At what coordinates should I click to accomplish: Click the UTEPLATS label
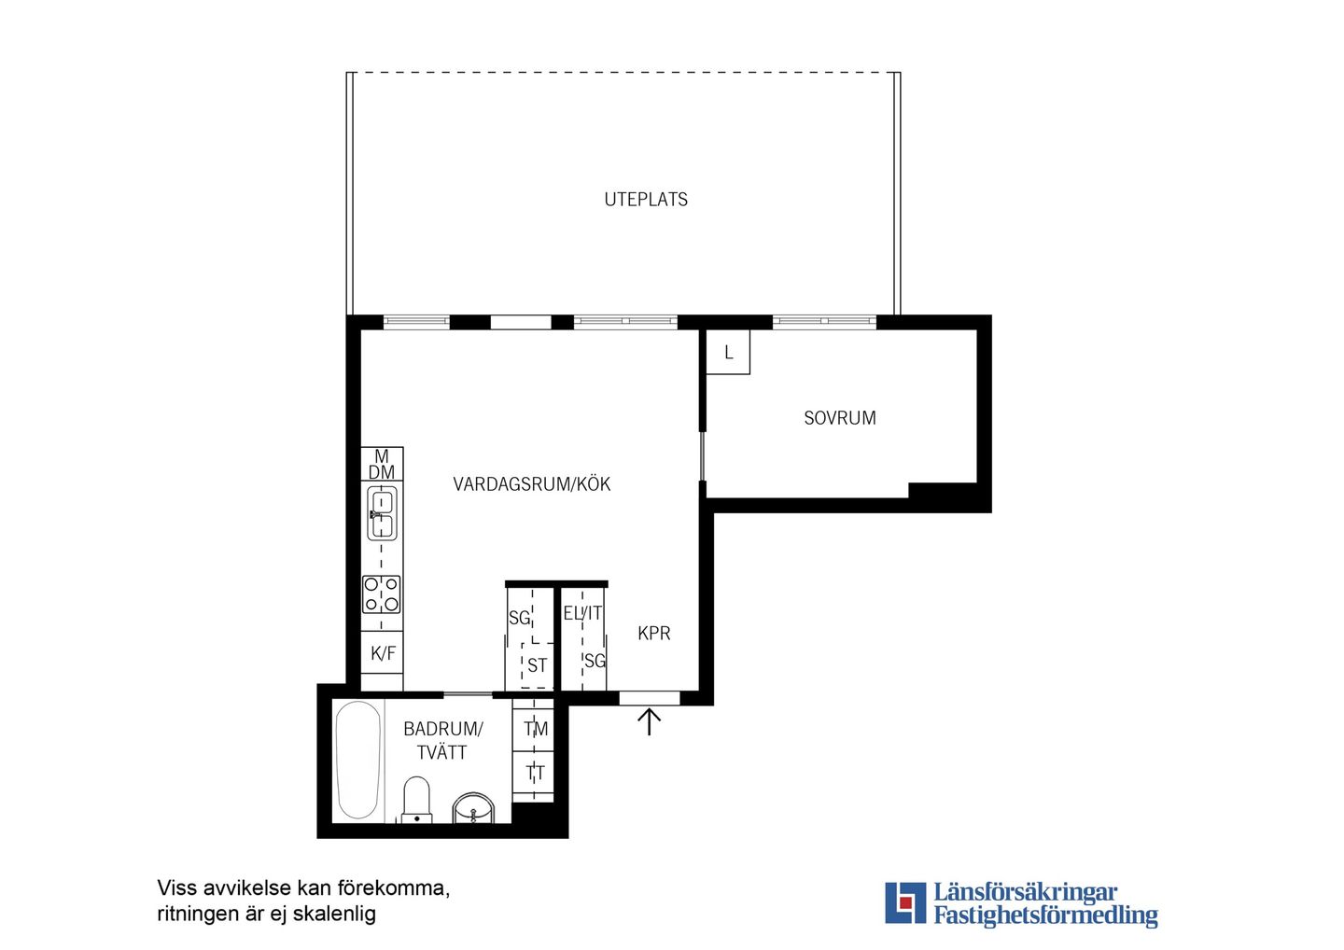click(x=646, y=200)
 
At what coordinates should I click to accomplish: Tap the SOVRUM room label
click(x=840, y=418)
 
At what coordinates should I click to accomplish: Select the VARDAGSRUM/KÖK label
click(x=532, y=484)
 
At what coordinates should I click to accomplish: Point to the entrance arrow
click(x=650, y=721)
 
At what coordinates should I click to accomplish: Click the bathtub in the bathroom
click(x=357, y=760)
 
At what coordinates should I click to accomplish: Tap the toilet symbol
click(x=417, y=800)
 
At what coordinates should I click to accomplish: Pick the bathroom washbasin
click(x=473, y=808)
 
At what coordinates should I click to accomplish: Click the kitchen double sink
click(x=383, y=514)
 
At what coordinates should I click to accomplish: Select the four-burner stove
click(x=382, y=594)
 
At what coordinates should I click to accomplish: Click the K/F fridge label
click(x=383, y=653)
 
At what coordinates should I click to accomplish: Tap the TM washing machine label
click(x=535, y=729)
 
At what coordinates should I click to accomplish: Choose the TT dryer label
click(x=535, y=773)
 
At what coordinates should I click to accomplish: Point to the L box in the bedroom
click(x=728, y=352)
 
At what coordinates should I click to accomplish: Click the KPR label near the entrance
click(x=654, y=634)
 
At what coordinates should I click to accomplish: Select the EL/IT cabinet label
click(x=582, y=613)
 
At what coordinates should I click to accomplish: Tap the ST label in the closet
click(x=537, y=665)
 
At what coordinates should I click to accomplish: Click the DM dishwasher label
click(x=382, y=472)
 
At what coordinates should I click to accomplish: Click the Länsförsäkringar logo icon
click(x=905, y=902)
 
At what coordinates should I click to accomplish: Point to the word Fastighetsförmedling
click(x=1045, y=915)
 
